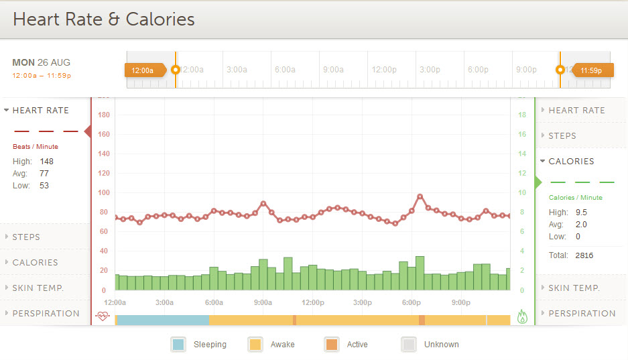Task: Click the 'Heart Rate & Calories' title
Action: pyautogui.click(x=104, y=19)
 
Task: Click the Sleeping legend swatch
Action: pyautogui.click(x=178, y=345)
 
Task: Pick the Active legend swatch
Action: pyautogui.click(x=331, y=345)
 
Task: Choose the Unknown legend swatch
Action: pyautogui.click(x=408, y=345)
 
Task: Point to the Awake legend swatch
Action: pyautogui.click(x=255, y=345)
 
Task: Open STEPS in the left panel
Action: pyautogui.click(x=26, y=237)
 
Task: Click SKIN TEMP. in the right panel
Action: pyautogui.click(x=574, y=288)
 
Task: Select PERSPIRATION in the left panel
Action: pyautogui.click(x=46, y=313)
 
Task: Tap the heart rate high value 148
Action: pyautogui.click(x=46, y=162)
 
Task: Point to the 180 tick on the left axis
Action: pyautogui.click(x=104, y=115)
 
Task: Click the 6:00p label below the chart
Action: pyautogui.click(x=412, y=302)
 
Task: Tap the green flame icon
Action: pyautogui.click(x=523, y=316)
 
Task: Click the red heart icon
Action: pyautogui.click(x=103, y=316)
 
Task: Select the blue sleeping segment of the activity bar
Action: pyautogui.click(x=163, y=320)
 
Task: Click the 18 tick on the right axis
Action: pyautogui.click(x=522, y=115)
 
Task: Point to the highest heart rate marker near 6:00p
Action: pyautogui.click(x=420, y=197)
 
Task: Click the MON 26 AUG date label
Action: pyautogui.click(x=41, y=62)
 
